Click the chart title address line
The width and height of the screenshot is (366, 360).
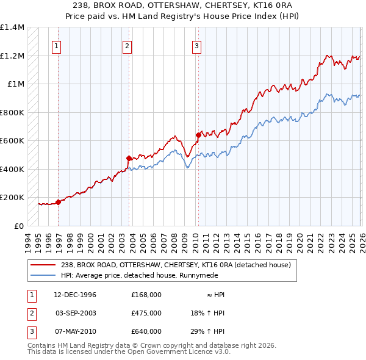coord(183,5)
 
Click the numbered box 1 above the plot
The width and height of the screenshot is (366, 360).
coord(57,45)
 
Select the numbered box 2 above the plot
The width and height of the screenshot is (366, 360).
coord(127,45)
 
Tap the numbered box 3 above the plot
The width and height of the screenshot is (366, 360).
coord(197,45)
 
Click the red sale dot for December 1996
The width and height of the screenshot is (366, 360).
coord(59,202)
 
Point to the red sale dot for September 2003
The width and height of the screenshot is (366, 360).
coord(129,159)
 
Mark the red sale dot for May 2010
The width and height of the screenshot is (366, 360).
coord(198,135)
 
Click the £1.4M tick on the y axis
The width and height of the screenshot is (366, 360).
coord(12,27)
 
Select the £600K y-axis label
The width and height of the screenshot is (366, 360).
coord(12,141)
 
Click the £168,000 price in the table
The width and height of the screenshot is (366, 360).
coord(146,295)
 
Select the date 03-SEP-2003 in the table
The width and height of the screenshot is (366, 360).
coord(75,313)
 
